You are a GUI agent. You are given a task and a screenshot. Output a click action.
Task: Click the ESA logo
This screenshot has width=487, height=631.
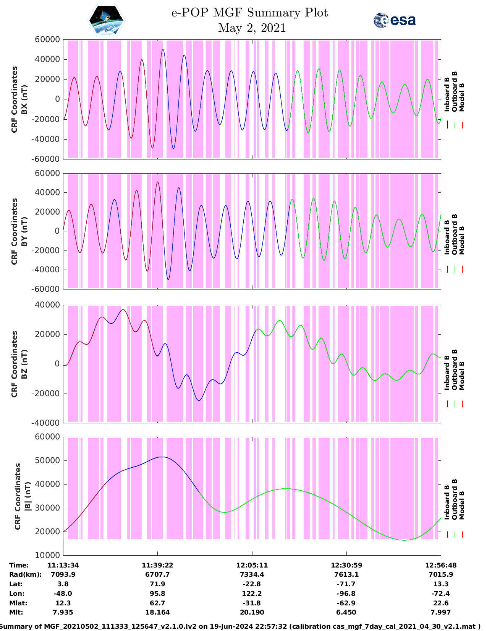(x=394, y=20)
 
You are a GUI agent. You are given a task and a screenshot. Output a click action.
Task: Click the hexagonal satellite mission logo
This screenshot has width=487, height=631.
(x=106, y=20)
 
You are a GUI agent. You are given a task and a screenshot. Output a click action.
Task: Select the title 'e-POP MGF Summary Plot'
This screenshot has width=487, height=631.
(x=249, y=13)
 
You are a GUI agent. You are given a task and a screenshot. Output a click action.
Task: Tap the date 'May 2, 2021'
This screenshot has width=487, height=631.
(x=252, y=28)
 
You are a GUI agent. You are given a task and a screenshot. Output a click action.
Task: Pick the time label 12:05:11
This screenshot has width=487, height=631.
(x=252, y=565)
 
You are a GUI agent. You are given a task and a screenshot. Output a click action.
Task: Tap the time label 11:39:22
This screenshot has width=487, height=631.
(x=157, y=565)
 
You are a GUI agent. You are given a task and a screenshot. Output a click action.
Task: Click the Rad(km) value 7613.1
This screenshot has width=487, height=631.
(x=346, y=574)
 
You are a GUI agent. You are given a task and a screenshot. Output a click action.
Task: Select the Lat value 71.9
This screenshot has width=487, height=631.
(x=157, y=584)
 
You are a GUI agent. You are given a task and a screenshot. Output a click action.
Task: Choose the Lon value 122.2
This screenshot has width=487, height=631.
(x=252, y=594)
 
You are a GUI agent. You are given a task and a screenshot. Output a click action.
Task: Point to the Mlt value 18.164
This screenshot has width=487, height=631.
(x=157, y=612)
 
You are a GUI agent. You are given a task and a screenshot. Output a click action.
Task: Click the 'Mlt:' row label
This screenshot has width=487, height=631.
(x=16, y=612)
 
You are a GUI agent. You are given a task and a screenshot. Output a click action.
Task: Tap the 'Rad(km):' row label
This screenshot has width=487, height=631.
(x=25, y=574)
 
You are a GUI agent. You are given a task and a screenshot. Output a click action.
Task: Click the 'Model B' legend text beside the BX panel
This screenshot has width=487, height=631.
(x=462, y=97)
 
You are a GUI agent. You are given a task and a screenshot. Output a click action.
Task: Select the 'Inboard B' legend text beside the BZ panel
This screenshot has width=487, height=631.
(x=447, y=373)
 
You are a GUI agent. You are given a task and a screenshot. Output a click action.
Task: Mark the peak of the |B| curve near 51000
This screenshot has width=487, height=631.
(x=162, y=457)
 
